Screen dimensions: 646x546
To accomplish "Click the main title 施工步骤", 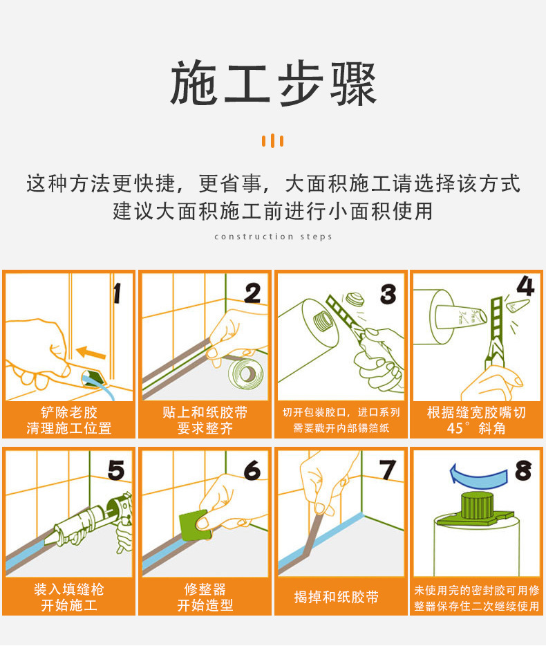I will [x=273, y=84].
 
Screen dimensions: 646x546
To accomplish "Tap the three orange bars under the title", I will [x=273, y=141].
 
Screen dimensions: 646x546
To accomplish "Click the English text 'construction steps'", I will [x=273, y=237].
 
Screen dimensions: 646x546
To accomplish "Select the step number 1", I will [x=117, y=293].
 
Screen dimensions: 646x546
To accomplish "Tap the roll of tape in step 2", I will [x=245, y=373].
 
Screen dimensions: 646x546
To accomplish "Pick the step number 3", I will [x=388, y=293].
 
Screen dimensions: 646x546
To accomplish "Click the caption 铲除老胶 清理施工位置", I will [x=69, y=421].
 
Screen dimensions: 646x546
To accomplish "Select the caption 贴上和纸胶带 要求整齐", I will [x=205, y=421].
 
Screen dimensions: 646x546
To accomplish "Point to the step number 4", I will [x=525, y=286].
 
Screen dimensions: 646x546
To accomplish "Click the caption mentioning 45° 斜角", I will [x=476, y=421].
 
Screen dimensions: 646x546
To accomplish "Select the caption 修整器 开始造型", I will [x=205, y=597].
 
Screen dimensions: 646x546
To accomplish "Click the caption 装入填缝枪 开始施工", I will [x=69, y=597].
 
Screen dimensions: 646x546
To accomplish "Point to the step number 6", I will [x=252, y=470].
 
